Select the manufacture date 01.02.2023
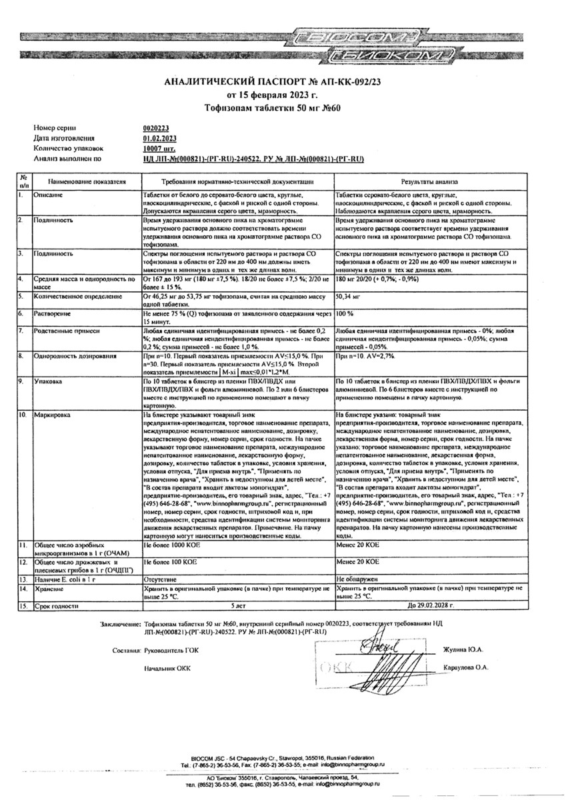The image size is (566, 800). coord(158,138)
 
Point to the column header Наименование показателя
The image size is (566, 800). coord(82,181)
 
